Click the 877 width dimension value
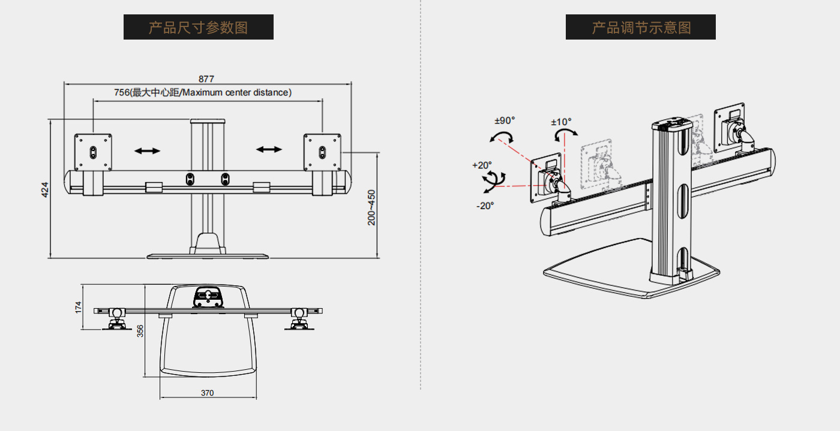pyautogui.click(x=206, y=79)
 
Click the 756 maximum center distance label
pyautogui.click(x=203, y=92)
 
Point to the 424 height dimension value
pyautogui.click(x=44, y=190)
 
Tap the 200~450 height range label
pyautogui.click(x=371, y=207)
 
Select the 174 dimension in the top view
pyautogui.click(x=78, y=308)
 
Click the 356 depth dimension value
pyautogui.click(x=140, y=331)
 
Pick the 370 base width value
pyautogui.click(x=207, y=393)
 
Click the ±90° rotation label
pyautogui.click(x=505, y=120)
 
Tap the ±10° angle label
pyautogui.click(x=562, y=122)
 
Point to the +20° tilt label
pyautogui.click(x=482, y=164)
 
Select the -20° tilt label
pyautogui.click(x=485, y=206)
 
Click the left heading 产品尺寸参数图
pyautogui.click(x=198, y=28)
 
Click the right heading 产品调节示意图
pyautogui.click(x=640, y=28)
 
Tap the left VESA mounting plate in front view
pyautogui.click(x=93, y=152)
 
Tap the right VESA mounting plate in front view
pyautogui.click(x=322, y=152)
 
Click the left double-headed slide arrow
pyautogui.click(x=147, y=150)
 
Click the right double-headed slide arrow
pyautogui.click(x=269, y=149)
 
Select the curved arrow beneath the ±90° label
pyautogui.click(x=502, y=137)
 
